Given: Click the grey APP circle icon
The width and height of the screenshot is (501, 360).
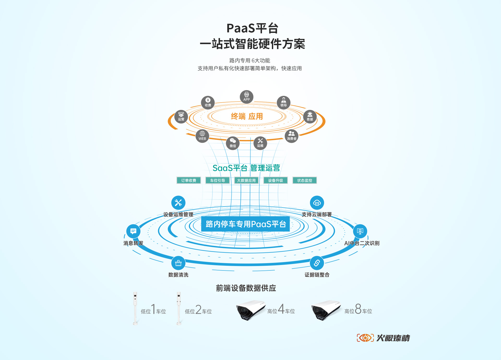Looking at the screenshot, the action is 247,97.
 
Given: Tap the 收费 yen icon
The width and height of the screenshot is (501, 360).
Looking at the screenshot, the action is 208,102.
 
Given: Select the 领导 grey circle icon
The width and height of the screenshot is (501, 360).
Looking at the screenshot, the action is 284,102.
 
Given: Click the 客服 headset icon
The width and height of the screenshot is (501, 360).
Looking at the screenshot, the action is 310,116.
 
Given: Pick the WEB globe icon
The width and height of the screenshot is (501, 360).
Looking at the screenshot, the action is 202,136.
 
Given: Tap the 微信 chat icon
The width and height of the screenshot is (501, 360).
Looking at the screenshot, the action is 233,143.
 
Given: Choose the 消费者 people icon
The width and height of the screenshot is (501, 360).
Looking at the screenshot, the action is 291,136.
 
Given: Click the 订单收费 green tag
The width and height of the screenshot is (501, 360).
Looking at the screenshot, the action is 189,180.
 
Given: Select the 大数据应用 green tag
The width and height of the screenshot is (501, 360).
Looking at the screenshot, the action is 246,180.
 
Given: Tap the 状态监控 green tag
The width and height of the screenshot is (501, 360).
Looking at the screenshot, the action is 305,180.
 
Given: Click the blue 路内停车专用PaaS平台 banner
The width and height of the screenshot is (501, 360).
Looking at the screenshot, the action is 246,224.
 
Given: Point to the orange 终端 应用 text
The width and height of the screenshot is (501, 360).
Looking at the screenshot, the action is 247,116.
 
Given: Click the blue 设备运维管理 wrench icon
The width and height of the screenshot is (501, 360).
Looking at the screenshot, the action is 178,203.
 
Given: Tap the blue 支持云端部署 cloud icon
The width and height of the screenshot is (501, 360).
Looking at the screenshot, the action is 317,203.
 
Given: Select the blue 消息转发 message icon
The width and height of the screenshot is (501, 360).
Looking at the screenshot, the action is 133,231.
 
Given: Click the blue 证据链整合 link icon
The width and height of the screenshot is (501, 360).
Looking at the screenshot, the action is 317,263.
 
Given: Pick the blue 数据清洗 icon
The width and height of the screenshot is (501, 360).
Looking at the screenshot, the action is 178,263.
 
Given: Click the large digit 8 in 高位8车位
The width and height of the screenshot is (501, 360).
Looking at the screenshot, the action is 358,309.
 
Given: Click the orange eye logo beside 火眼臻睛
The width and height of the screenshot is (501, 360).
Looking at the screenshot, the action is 365,338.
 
